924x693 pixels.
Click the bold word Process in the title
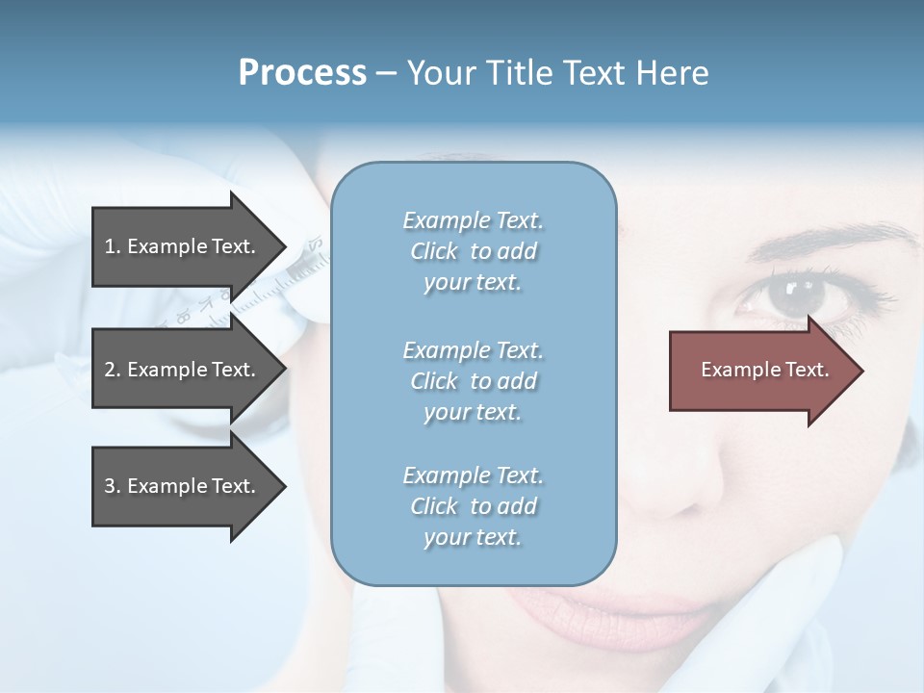302,72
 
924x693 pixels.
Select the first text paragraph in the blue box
473,251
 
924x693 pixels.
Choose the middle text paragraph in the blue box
473,381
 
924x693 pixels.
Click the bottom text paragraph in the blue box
473,506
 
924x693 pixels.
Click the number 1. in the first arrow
113,246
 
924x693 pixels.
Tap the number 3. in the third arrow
113,486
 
